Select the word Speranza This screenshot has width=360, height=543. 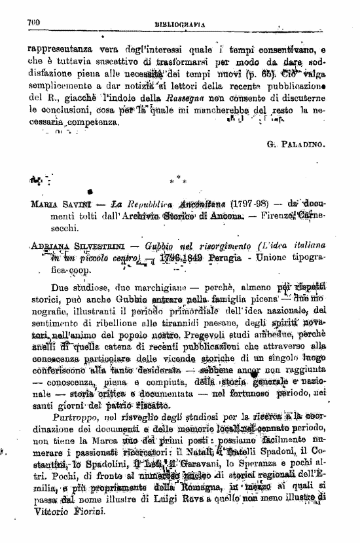[x=264, y=470]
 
